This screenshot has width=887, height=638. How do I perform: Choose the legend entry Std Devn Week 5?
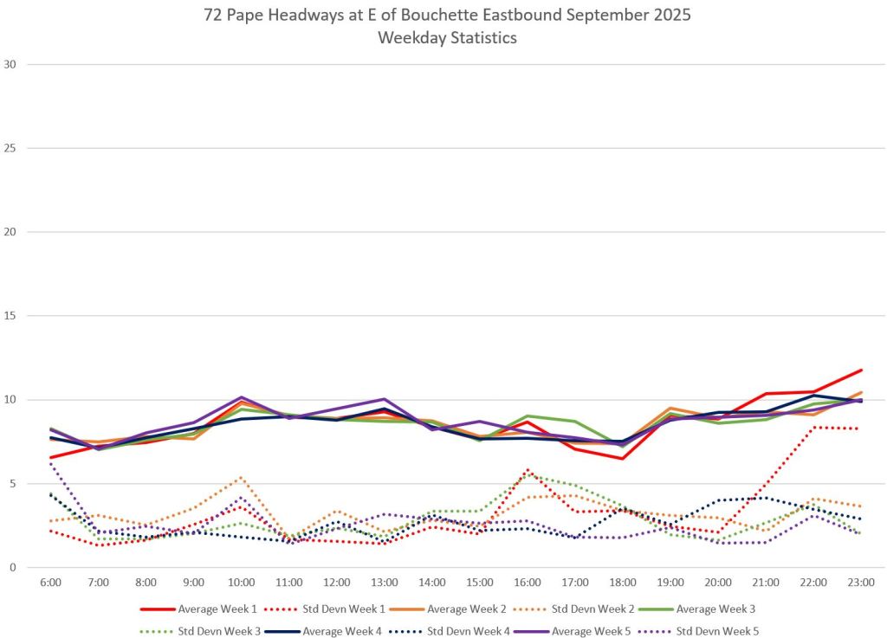[719, 631]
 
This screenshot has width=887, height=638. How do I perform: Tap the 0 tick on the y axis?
[13, 568]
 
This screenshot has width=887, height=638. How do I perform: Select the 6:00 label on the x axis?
[50, 582]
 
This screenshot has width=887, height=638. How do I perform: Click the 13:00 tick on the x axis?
[384, 582]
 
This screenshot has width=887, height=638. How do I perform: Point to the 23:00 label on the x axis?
[860, 582]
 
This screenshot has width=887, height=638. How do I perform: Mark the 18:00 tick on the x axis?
[622, 582]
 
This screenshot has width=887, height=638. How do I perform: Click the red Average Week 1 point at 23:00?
[860, 371]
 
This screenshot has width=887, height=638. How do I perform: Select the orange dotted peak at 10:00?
[241, 478]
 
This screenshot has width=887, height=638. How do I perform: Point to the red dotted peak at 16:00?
[527, 470]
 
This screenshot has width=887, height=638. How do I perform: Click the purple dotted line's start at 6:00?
[50, 463]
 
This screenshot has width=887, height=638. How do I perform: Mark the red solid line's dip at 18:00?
[622, 459]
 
